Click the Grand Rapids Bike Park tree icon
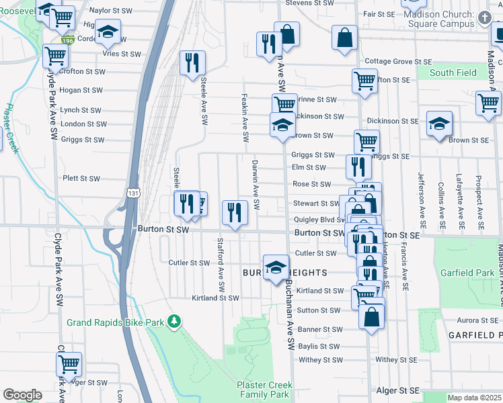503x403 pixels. point(174,322)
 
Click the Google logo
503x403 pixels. point(22,395)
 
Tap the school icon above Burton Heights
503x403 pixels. point(275,267)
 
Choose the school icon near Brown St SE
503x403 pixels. point(439,123)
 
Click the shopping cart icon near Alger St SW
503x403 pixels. point(69,363)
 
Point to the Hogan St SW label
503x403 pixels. point(81,90)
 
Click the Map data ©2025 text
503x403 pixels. point(474,398)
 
